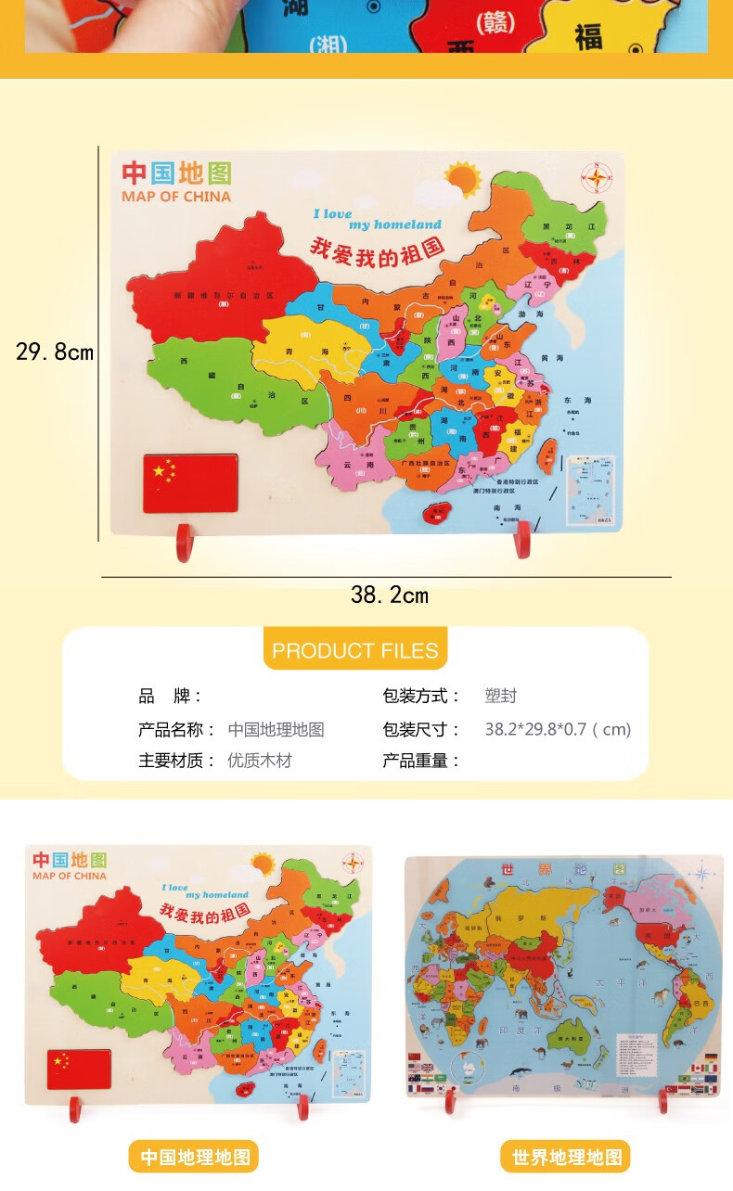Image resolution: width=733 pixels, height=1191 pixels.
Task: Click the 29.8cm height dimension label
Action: [x=55, y=352]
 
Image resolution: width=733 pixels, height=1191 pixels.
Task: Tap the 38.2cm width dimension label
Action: [x=390, y=595]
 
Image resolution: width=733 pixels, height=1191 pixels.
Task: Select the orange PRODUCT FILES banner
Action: [x=355, y=650]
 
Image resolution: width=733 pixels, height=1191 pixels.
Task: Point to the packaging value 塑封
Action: [x=500, y=697]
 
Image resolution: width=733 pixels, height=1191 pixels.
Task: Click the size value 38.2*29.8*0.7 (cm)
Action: [x=558, y=729]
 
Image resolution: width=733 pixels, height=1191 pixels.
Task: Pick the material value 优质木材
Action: [x=260, y=761]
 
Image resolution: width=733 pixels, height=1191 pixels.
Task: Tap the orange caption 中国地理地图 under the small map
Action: [x=195, y=1157]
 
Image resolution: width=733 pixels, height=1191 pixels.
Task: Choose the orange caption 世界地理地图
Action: [x=566, y=1157]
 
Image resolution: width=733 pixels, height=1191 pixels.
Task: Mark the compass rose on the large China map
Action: [x=595, y=175]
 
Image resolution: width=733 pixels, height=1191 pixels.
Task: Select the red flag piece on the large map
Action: [x=189, y=482]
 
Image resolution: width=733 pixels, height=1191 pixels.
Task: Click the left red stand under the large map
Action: [x=184, y=544]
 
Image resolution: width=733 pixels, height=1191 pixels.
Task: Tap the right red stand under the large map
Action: [x=522, y=540]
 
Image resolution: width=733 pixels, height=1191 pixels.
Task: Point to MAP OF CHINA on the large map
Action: [x=176, y=197]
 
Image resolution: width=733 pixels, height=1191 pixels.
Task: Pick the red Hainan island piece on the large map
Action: [x=436, y=513]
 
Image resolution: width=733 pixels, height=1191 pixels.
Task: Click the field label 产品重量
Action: [x=421, y=761]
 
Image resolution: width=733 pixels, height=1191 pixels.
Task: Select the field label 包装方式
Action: [x=421, y=697]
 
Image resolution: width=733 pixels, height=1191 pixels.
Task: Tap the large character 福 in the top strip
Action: [x=588, y=37]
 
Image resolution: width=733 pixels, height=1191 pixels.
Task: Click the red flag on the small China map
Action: [x=80, y=1068]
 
